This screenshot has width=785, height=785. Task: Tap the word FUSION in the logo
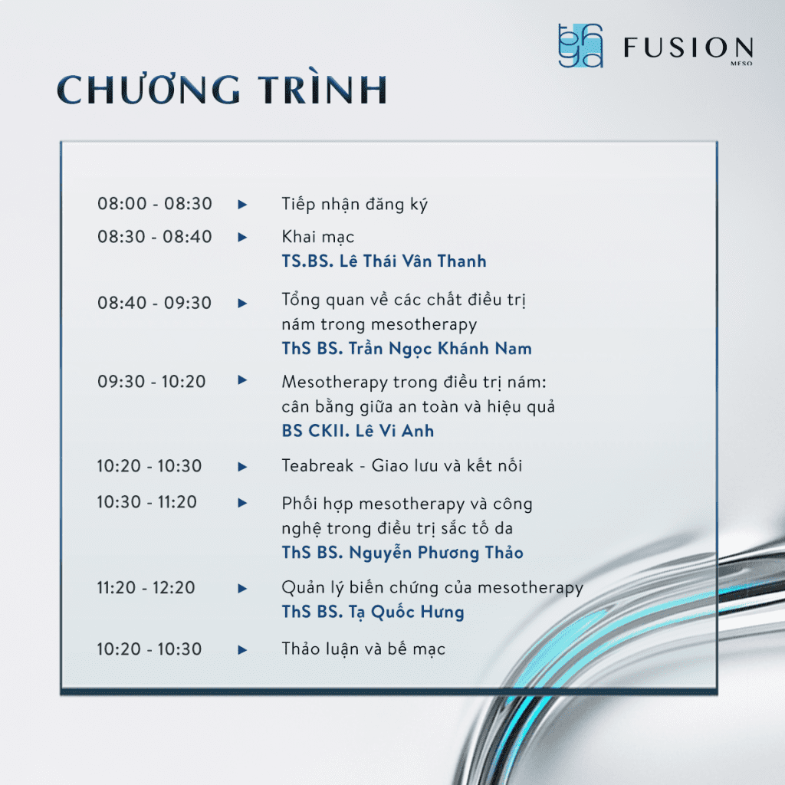tap(688, 48)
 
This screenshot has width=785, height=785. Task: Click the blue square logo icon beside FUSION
tap(580, 46)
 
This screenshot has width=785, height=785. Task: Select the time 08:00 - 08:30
tap(155, 204)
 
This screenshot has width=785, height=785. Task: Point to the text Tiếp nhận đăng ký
tap(355, 205)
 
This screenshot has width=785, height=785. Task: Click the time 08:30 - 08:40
tap(155, 237)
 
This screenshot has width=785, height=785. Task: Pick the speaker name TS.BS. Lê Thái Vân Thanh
tap(384, 261)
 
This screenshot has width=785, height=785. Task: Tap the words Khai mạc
tap(318, 237)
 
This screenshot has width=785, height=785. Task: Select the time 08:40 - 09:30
tap(155, 303)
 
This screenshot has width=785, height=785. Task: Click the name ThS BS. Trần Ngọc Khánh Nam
tap(406, 349)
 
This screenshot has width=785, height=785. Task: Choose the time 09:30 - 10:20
tap(152, 381)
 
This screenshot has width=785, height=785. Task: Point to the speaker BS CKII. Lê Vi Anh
tap(358, 431)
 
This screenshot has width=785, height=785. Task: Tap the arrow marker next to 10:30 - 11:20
tap(243, 503)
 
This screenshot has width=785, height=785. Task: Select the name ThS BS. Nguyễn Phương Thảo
tap(402, 553)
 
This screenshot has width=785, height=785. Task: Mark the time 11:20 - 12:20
tap(146, 588)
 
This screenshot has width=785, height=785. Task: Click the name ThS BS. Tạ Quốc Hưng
tap(373, 613)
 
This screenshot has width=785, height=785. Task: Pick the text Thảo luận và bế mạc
tap(363, 649)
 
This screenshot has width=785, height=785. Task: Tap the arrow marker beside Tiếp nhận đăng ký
tap(243, 205)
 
